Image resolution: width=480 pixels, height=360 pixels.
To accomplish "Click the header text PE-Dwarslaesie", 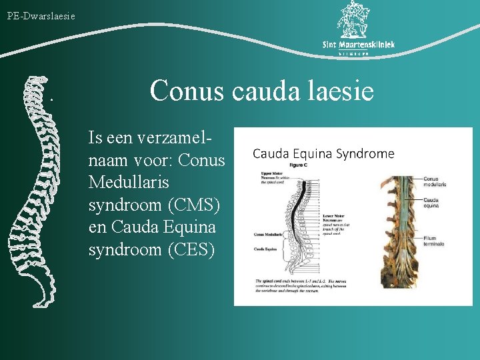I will tap(41, 15).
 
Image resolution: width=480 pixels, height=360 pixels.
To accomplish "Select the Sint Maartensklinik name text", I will tap(359, 45).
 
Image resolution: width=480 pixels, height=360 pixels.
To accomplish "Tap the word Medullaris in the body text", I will tap(129, 183).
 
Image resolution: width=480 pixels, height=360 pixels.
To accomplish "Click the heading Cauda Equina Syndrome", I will tap(323, 154).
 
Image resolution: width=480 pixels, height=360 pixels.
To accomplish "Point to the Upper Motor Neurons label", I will tap(271, 177).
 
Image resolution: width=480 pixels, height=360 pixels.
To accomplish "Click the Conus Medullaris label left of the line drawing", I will tap(268, 235).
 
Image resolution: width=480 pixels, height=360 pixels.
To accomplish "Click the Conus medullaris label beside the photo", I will tap(435, 181).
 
